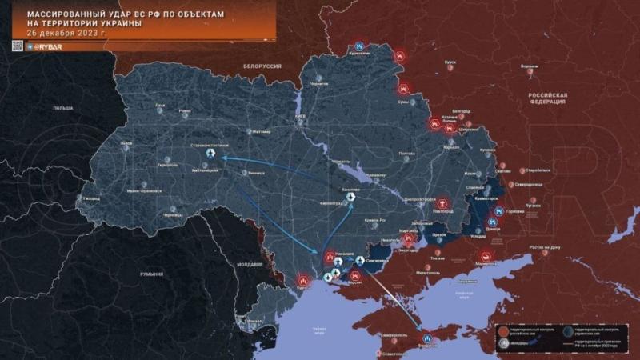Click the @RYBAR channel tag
[52, 47]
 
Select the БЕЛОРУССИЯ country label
[262, 66]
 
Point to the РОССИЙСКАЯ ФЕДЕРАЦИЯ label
[547, 98]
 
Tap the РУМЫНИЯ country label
[151, 274]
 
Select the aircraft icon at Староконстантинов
[211, 153]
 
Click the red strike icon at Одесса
[303, 281]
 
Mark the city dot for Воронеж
[529, 72]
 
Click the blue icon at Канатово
[349, 198]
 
